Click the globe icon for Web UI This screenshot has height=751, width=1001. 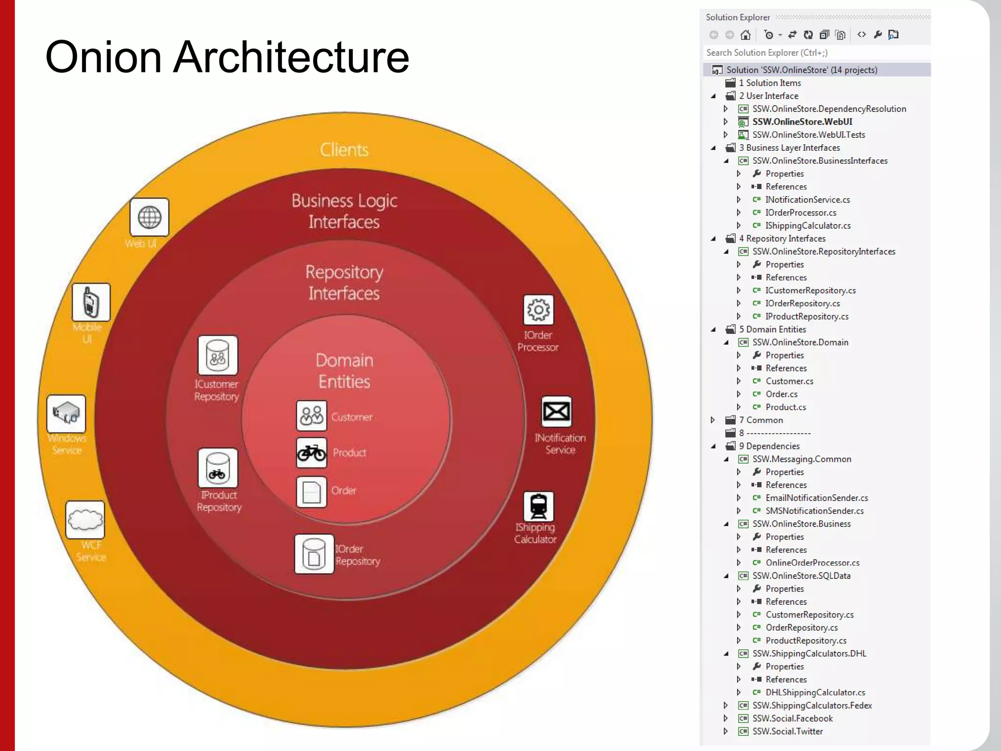pos(150,217)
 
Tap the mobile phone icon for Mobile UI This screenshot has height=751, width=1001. pos(91,302)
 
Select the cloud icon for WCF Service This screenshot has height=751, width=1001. pos(85,520)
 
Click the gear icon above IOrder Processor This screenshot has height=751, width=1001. pos(538,309)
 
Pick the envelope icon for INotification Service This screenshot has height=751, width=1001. pos(556,411)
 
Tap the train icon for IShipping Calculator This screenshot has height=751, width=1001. pos(538,506)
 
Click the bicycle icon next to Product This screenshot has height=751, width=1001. pos(311,453)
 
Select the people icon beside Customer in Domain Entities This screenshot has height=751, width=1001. pos(311,416)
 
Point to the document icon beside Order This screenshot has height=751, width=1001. pos(311,491)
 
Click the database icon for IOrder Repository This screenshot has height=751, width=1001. pos(314,554)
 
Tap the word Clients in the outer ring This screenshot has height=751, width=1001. pos(344,150)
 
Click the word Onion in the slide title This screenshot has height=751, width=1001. pos(103,57)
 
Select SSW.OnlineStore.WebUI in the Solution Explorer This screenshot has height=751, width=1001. pos(802,122)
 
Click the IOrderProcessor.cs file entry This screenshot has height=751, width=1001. pos(801,213)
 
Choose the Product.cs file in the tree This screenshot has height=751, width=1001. pos(785,407)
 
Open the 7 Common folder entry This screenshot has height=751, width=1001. pos(764,420)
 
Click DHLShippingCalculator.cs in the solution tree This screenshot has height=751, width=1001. pos(815,692)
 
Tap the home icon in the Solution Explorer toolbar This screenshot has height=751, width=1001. pos(745,35)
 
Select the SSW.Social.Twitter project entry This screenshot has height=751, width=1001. pos(787,731)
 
